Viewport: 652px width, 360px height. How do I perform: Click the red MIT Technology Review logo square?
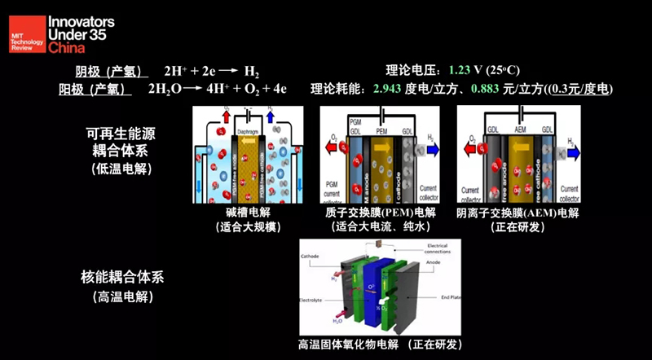point(25,33)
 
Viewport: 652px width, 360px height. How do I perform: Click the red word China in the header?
point(66,49)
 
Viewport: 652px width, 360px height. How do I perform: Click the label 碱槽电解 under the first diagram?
point(236,213)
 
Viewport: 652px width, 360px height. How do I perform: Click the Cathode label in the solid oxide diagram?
point(311,255)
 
